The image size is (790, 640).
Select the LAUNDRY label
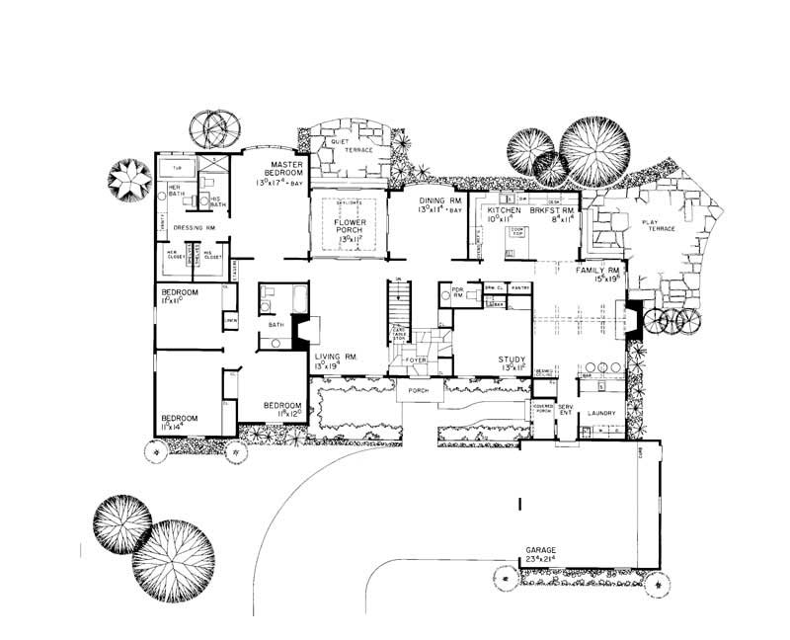coord(601,414)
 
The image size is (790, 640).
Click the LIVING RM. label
coord(335,357)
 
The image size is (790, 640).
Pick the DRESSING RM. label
coord(194,228)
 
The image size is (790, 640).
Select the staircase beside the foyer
coord(399,301)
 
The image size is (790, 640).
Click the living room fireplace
coord(304,330)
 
